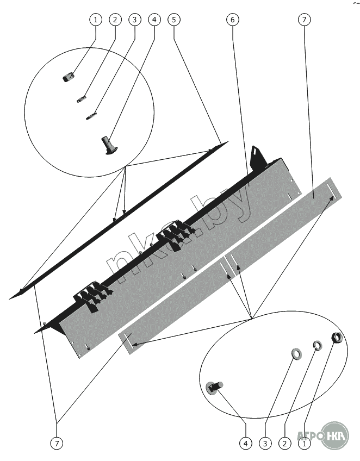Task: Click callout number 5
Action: click(174, 20)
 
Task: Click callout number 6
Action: click(232, 20)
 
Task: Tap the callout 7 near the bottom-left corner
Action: click(57, 443)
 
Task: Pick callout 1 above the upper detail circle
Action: click(96, 20)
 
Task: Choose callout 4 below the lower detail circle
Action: click(246, 443)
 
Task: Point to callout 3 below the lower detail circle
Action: click(265, 443)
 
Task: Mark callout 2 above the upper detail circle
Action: click(115, 20)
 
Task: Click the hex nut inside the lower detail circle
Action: click(336, 338)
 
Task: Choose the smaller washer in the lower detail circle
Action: click(316, 345)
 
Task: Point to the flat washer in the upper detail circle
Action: click(91, 115)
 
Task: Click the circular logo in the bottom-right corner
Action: click(334, 435)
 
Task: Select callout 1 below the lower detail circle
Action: click(305, 443)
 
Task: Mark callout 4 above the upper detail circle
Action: click(154, 20)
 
